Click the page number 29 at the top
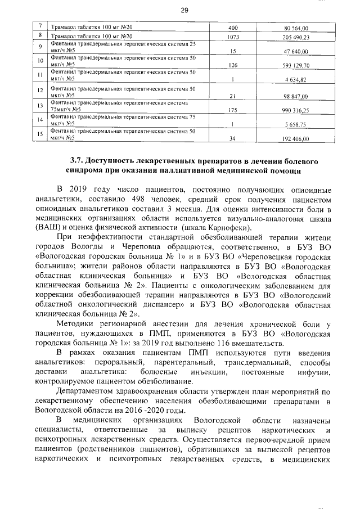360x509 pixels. [x=183, y=10]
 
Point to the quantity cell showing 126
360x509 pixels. [x=233, y=65]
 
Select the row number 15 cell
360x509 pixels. [x=40, y=134]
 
